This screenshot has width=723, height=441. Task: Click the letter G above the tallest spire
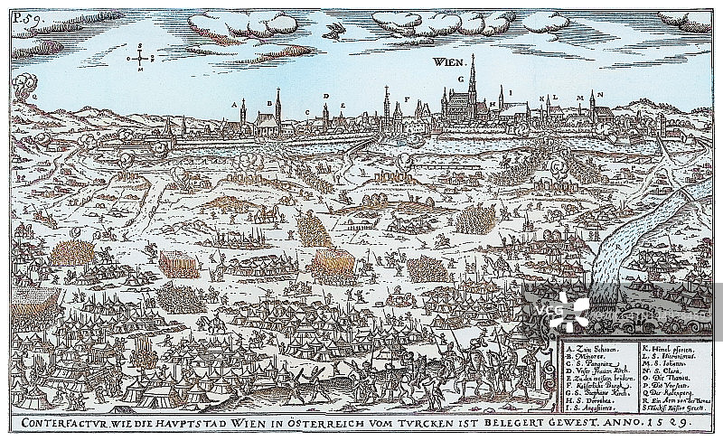460,78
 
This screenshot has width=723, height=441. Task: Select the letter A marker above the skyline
242,103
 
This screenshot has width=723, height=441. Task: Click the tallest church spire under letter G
472,81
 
